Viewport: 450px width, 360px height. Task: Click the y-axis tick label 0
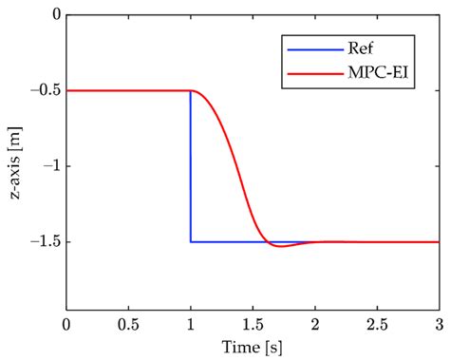click(x=55, y=16)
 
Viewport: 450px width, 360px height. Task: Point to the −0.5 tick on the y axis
click(x=44, y=90)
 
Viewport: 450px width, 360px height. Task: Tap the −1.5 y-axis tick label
click(x=44, y=242)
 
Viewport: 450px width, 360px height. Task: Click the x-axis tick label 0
click(x=66, y=325)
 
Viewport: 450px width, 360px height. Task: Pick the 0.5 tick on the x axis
click(x=128, y=325)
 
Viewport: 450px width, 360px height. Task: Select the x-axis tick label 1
click(x=191, y=325)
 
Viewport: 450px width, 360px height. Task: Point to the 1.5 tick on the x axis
click(x=253, y=325)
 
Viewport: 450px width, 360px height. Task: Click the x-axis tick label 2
click(x=315, y=325)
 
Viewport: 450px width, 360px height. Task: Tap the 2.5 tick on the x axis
click(x=377, y=325)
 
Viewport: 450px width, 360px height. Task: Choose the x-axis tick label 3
click(x=439, y=325)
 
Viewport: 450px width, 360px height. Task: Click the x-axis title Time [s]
click(x=253, y=347)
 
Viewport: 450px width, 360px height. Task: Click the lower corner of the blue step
click(x=191, y=241)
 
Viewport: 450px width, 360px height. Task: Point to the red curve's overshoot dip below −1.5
click(x=281, y=246)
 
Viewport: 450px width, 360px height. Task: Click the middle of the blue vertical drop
click(x=191, y=166)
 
